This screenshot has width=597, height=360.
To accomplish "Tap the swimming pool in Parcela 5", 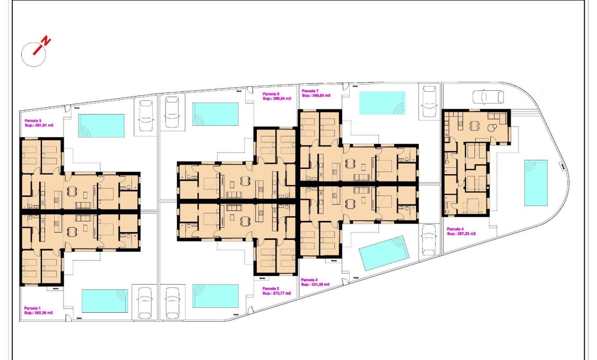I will click(x=101, y=126).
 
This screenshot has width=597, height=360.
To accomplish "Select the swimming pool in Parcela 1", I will click(x=105, y=301).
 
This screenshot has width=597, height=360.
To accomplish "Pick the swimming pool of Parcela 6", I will click(x=215, y=114).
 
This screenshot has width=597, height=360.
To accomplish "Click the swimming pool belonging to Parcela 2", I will click(x=215, y=296).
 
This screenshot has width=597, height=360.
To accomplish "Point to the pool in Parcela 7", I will click(x=382, y=103).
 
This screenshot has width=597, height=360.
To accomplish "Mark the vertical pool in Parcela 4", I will click(x=535, y=183).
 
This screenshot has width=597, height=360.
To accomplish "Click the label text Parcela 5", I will click(x=32, y=121).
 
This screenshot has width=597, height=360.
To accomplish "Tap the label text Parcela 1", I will click(x=32, y=308).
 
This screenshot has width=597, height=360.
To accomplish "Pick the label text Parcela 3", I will click(x=309, y=280).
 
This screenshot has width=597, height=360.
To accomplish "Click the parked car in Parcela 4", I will click(x=488, y=96).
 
